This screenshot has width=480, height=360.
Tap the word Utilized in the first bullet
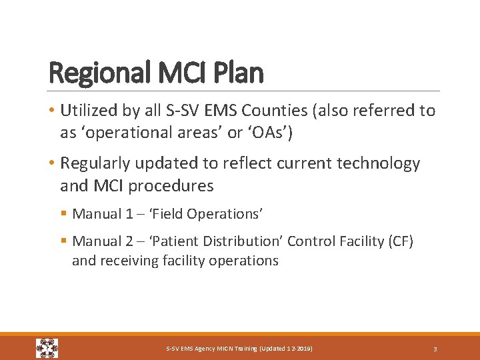pos(87,111)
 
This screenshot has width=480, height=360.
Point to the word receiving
pos(125,261)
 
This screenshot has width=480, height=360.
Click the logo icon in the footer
pos(47,348)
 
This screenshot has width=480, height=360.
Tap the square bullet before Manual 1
pos(64,214)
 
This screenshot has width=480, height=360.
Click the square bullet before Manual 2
pos(64,241)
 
